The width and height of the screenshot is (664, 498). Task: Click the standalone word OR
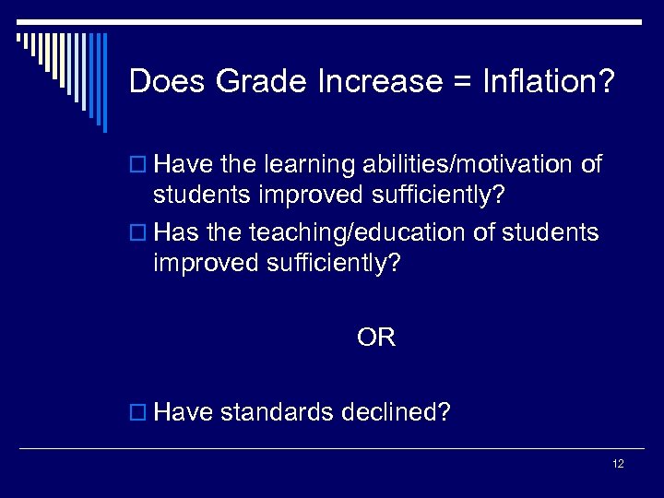(x=376, y=338)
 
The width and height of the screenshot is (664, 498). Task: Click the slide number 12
(x=618, y=464)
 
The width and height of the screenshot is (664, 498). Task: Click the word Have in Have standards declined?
(x=184, y=411)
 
